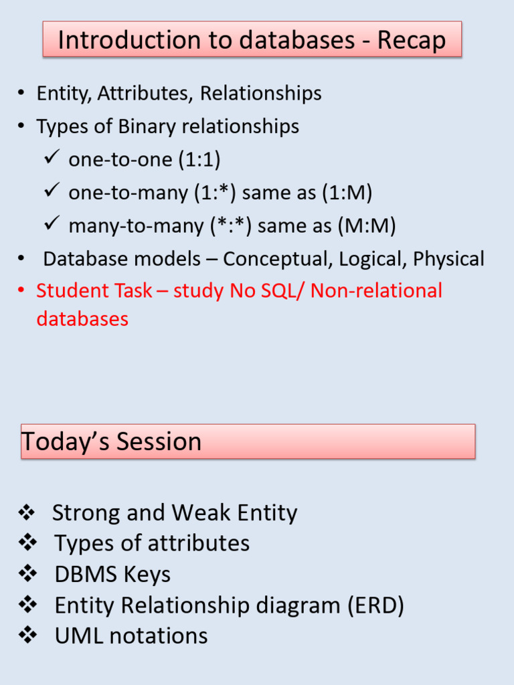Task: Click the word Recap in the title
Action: click(x=412, y=40)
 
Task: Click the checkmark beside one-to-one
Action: click(x=52, y=158)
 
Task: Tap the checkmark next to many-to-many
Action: click(x=52, y=224)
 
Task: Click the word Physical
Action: click(x=448, y=259)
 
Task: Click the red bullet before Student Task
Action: click(x=22, y=291)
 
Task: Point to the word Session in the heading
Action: click(x=159, y=442)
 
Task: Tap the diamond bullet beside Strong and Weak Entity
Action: click(x=27, y=513)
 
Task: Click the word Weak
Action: click(x=195, y=513)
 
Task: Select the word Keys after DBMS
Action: click(x=151, y=574)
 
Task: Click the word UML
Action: click(x=79, y=635)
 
